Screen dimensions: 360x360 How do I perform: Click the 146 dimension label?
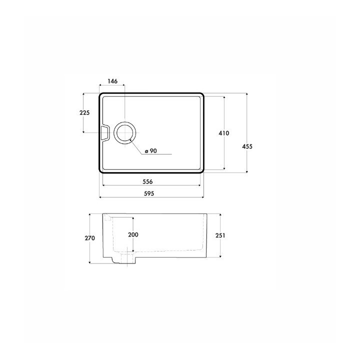pos(112,81)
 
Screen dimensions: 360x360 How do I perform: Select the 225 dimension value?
pos(84,112)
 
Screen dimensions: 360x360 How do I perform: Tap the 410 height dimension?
pos(224,133)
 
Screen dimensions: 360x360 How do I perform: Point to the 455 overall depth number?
pos(247,146)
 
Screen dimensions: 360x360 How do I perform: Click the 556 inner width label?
pos(147,182)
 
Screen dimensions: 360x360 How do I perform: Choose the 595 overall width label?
pos(149,194)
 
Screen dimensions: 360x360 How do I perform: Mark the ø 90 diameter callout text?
pos(151,151)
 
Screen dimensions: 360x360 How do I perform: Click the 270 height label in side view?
pos(90,238)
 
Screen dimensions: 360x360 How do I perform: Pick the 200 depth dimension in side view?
pos(133,234)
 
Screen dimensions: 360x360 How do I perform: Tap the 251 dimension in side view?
pos(220,235)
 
